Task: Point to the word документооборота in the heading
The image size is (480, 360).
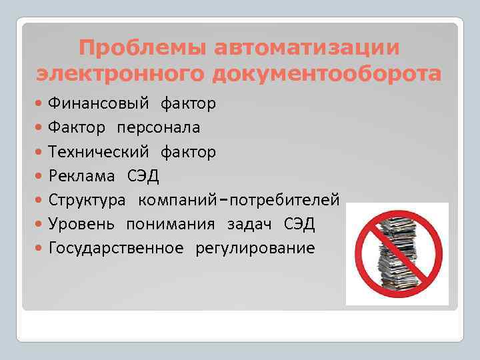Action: point(327,73)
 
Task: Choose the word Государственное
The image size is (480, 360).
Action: point(116,248)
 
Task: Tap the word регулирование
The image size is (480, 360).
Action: point(255,248)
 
